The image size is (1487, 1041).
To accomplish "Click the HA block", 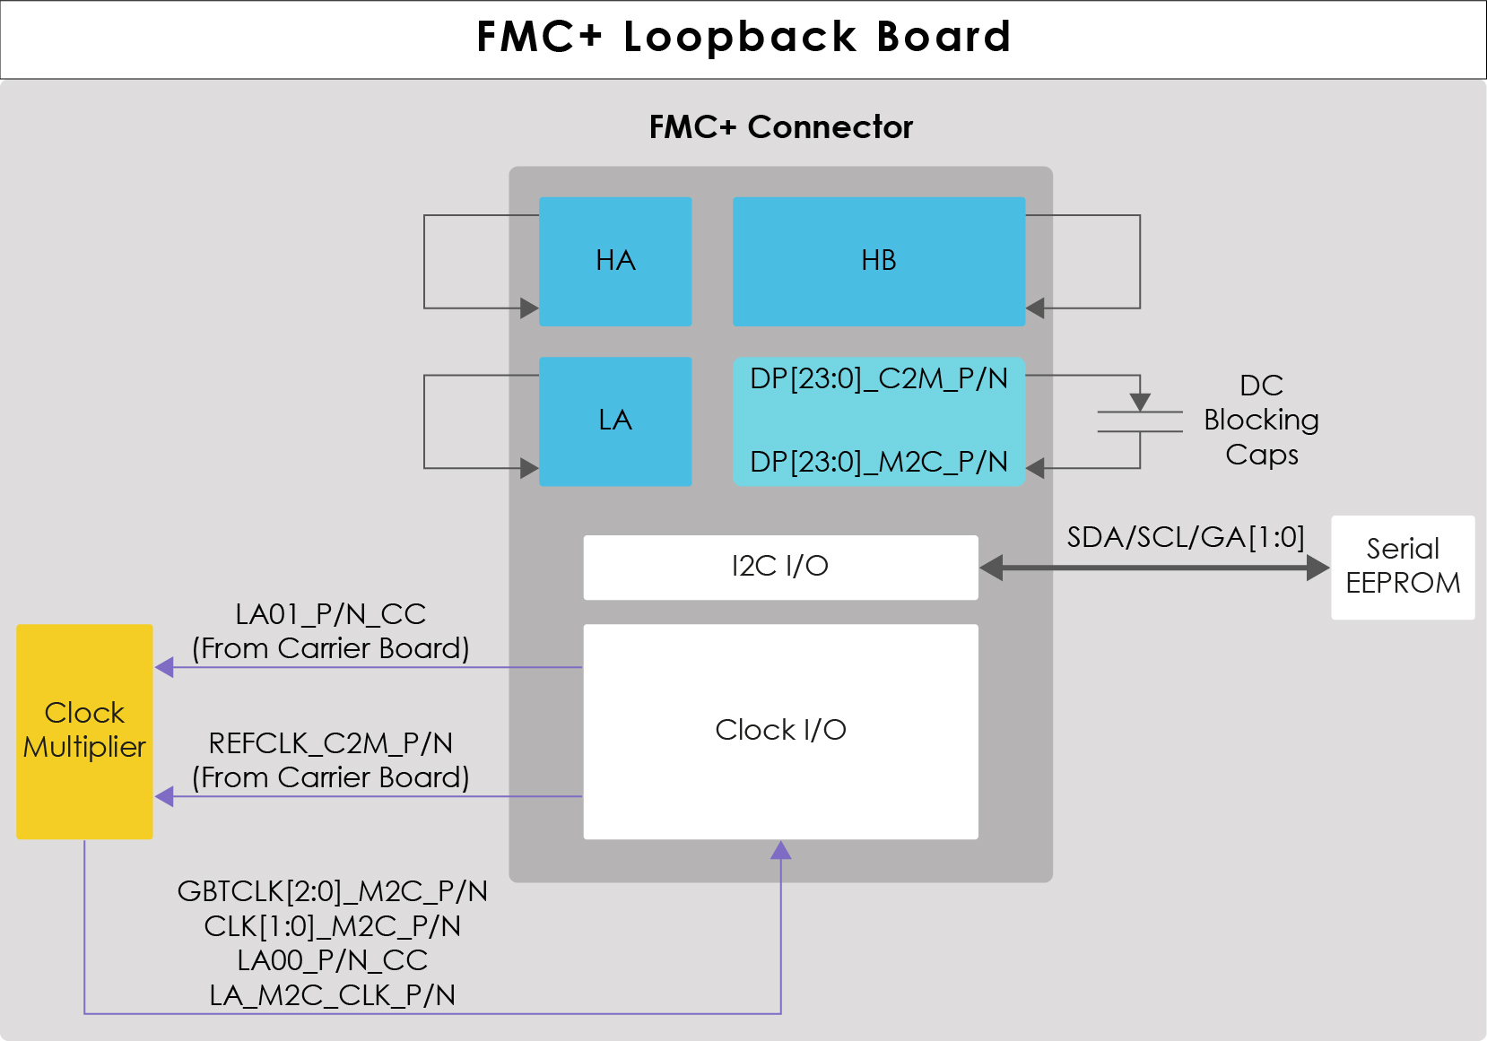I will pos(615,261).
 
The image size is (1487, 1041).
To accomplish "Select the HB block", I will pos(878,261).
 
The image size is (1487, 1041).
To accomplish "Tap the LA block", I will pos(615,421).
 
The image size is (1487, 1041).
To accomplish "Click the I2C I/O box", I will pos(780,567).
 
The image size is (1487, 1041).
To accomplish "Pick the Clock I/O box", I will pos(780,731).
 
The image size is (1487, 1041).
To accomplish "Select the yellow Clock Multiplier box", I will pos(84,731).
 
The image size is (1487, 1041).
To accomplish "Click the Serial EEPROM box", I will pos(1403,567).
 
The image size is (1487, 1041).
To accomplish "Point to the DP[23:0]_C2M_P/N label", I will pos(878,379).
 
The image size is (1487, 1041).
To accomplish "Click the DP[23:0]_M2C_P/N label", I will pos(878,462).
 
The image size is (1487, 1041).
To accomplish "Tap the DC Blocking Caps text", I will pos(1261,421).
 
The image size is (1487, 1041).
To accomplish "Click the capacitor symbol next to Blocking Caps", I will pos(1140,421).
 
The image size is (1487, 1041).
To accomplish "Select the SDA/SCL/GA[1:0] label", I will pos(1185,537).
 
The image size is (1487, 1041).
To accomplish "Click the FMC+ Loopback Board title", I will pos(743,38).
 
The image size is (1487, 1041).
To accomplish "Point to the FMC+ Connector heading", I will pos(780,127).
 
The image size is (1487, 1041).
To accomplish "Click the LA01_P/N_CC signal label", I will pos(330,614).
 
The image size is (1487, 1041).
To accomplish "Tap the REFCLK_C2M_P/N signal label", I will pos(330,743).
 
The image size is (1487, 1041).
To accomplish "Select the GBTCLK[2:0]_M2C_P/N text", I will pos(332,891).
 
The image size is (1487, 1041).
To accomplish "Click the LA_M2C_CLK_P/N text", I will pos(332,995).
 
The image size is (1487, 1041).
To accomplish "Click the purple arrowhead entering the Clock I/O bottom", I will pos(781,850).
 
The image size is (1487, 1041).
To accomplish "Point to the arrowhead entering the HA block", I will pos(529,308).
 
